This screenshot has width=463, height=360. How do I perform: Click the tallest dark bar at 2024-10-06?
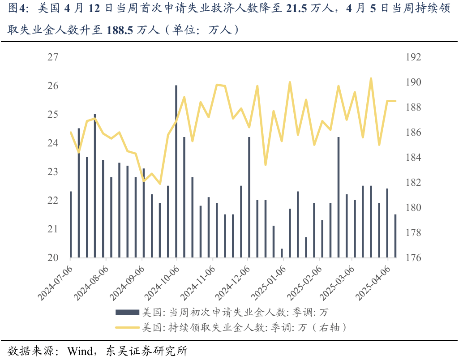coord(176,171)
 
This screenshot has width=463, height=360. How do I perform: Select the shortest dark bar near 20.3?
coord(282,253)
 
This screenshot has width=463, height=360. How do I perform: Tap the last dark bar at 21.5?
coord(395,236)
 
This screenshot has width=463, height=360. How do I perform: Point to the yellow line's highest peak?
coord(371,78)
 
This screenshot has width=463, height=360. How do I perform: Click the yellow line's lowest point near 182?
coord(160,184)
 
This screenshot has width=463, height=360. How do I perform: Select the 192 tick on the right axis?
coord(413,57)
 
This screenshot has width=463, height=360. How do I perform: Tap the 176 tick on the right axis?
coord(413,258)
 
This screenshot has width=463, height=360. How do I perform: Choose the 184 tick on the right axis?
coord(413,158)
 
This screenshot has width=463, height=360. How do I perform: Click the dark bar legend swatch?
coord(127,312)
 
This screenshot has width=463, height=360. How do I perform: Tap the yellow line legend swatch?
coord(127,327)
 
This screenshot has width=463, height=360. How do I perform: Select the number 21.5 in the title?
coord(295,9)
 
